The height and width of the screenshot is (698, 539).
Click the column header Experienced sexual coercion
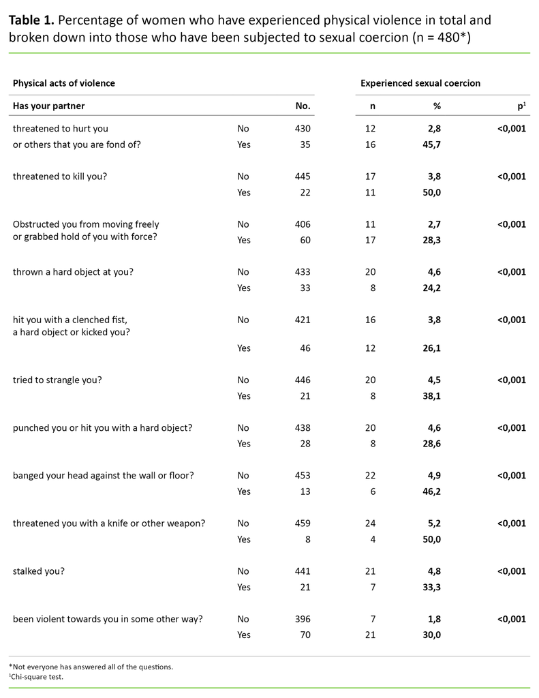(x=420, y=83)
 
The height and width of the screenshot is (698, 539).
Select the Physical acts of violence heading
(x=64, y=83)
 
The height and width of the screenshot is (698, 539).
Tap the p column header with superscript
(x=521, y=106)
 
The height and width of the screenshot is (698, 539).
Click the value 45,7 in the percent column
(x=431, y=145)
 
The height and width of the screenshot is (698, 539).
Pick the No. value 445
(x=303, y=177)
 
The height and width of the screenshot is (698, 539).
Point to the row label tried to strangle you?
(x=57, y=380)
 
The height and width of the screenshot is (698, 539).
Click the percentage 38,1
(x=431, y=396)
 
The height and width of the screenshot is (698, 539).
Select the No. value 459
(x=303, y=523)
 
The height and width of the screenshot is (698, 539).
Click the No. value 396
(x=303, y=619)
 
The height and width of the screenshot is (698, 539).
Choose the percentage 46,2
(x=431, y=491)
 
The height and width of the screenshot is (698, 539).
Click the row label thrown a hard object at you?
(x=73, y=272)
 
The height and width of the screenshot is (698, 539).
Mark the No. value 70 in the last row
(x=305, y=635)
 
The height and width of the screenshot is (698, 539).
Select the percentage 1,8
(x=434, y=619)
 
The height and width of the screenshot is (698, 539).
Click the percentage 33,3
(x=431, y=587)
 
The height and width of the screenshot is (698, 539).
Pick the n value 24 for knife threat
(x=370, y=523)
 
